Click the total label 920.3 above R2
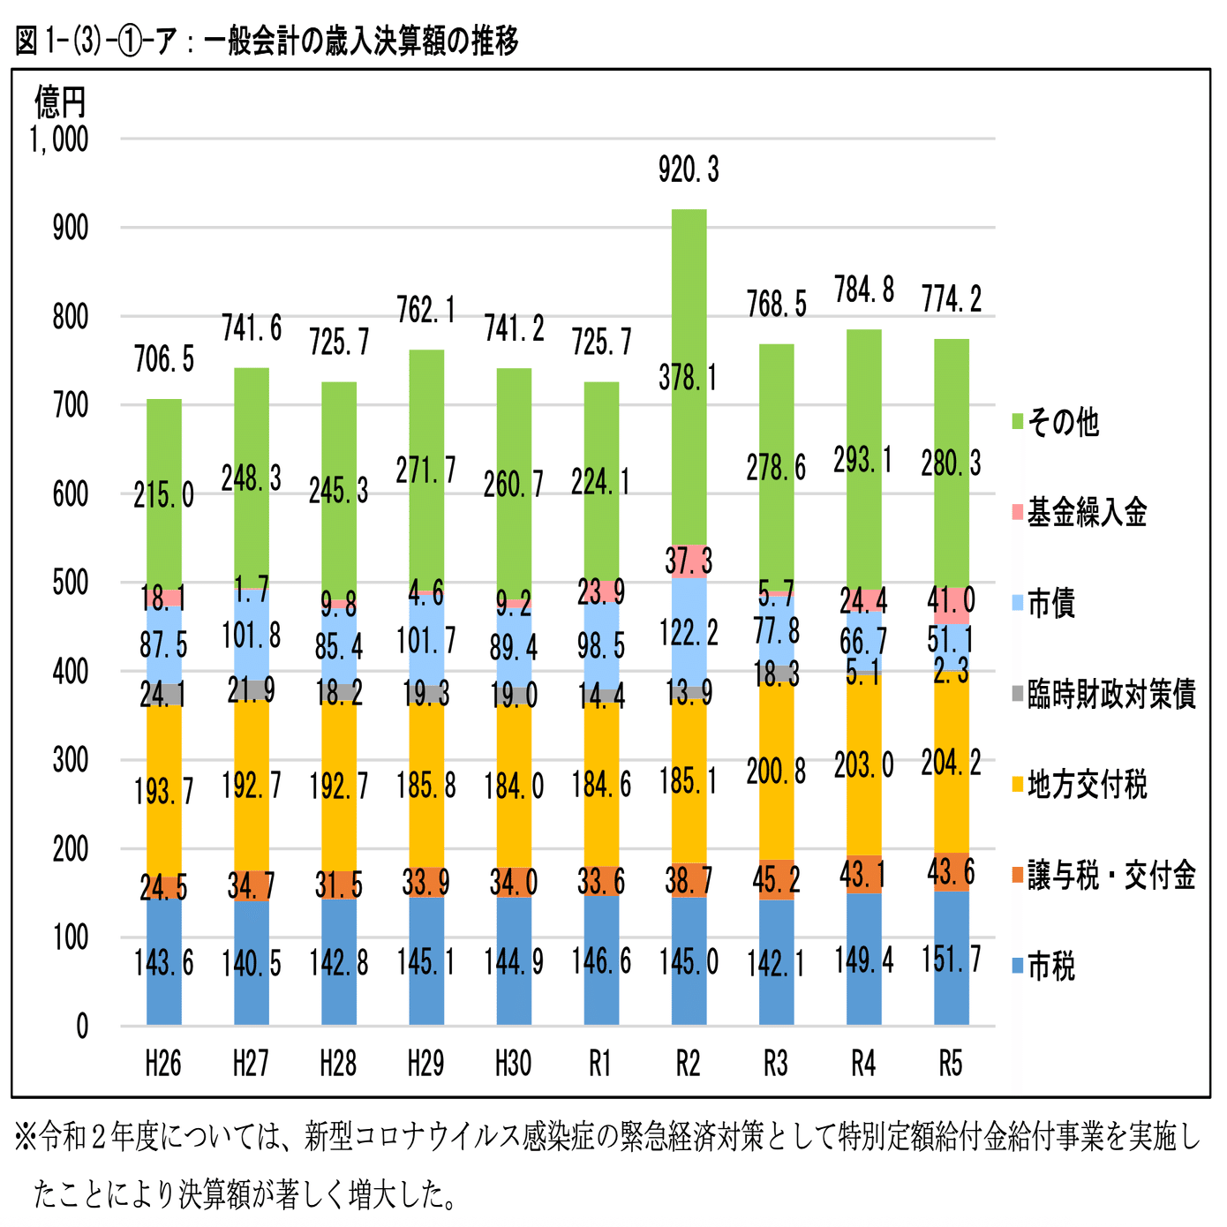689,169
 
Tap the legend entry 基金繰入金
1086,513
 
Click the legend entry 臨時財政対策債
1110,695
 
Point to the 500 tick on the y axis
71,583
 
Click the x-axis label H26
163,1064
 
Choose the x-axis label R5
951,1064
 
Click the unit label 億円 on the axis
60,102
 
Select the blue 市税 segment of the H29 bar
426,962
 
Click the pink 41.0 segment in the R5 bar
951,605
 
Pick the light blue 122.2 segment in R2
689,632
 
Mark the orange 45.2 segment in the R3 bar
776,880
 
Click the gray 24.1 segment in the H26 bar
163,695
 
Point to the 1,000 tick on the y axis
59,139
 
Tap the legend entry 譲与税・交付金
1110,876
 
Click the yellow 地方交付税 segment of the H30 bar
514,786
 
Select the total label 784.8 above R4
863,290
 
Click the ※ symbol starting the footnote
26,1138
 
